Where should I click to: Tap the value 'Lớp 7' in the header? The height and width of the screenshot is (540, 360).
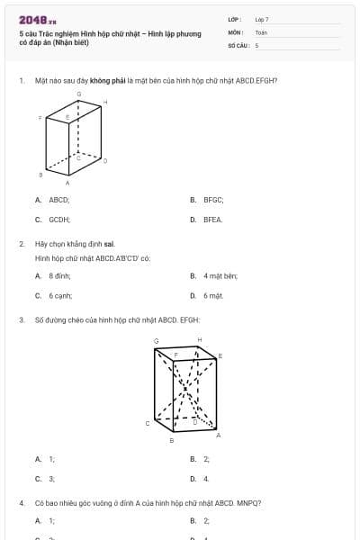tap(262, 19)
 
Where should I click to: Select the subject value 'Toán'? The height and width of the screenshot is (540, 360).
tap(262, 31)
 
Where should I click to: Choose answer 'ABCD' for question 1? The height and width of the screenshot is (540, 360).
tap(59, 201)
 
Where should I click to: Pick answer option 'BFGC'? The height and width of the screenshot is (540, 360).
tap(212, 201)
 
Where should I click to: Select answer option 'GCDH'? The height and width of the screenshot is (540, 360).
tap(59, 219)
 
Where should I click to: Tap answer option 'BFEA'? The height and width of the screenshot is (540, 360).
tap(212, 219)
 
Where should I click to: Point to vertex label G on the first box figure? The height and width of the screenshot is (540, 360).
tap(78, 94)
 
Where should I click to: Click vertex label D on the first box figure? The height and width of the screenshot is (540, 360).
tap(105, 160)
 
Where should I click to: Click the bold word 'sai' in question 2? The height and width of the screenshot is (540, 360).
tap(109, 244)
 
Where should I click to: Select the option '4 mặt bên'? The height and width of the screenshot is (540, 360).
tap(220, 276)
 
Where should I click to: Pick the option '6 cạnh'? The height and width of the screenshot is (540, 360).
tap(60, 294)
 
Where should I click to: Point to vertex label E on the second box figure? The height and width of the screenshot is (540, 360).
tap(220, 356)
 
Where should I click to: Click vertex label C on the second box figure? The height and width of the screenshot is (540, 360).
tap(148, 422)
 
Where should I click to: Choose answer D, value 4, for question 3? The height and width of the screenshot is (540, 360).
tap(206, 478)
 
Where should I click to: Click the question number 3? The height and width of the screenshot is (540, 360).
tap(21, 319)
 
